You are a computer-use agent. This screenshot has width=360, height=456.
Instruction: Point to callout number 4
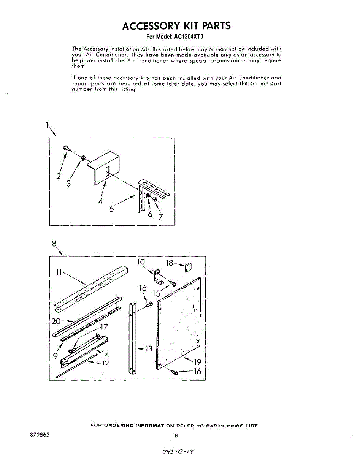101,201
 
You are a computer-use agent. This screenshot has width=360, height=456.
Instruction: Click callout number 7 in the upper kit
161,217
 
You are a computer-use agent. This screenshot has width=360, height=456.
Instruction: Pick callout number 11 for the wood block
59,272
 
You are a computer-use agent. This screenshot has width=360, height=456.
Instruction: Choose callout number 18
170,263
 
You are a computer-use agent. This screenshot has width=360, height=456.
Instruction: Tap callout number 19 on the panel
198,362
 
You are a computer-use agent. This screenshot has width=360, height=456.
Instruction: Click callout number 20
56,321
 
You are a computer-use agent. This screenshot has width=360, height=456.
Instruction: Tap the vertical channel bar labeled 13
132,338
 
